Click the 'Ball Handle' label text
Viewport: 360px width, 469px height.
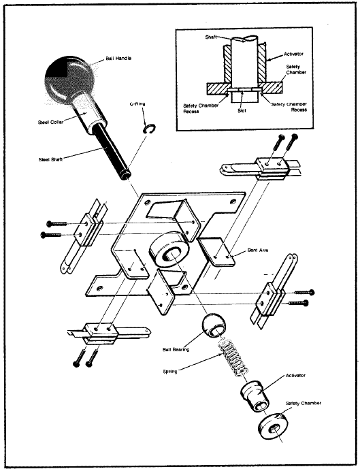point(119,59)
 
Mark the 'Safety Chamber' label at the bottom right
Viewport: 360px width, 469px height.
point(303,403)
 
